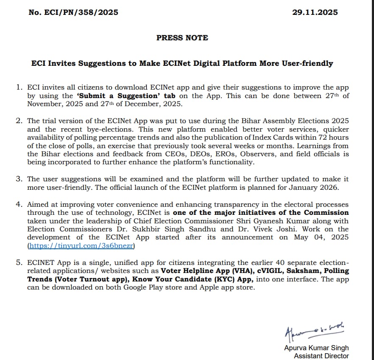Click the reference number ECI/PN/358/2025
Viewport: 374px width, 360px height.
click(x=73, y=12)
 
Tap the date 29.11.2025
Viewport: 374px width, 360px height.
click(x=315, y=12)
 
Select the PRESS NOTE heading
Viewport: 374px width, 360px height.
click(x=182, y=38)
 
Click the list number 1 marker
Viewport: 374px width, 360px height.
click(x=19, y=87)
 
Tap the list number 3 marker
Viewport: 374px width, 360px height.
click(x=19, y=179)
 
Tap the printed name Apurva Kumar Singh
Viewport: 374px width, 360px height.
click(x=316, y=348)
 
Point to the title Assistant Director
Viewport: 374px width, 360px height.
click(x=321, y=356)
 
